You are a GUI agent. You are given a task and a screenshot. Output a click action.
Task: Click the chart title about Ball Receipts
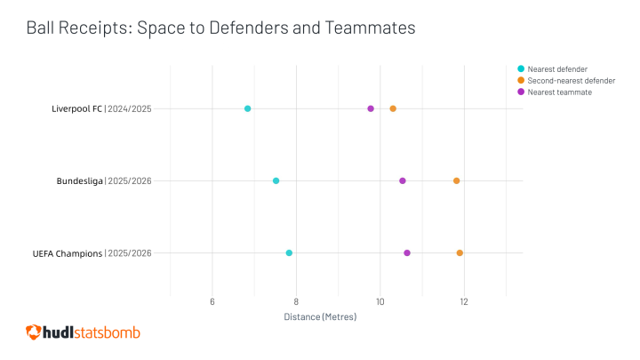coord(220,28)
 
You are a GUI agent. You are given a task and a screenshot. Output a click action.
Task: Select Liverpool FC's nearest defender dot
coord(247,108)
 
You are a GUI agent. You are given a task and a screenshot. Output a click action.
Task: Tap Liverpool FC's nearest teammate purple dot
coord(371,108)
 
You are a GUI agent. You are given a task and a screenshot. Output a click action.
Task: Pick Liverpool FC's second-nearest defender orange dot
coord(393,108)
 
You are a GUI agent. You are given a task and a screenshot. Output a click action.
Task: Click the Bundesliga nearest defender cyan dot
coord(276,180)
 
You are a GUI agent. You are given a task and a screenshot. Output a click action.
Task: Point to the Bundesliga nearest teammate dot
coord(403,180)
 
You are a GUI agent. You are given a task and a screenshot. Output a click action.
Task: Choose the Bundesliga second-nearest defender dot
coord(457,180)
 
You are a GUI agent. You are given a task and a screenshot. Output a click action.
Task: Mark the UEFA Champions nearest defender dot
coord(289,253)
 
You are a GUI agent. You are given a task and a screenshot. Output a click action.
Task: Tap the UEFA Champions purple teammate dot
coord(407,253)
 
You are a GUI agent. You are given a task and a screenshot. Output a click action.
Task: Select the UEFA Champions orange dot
coord(460,253)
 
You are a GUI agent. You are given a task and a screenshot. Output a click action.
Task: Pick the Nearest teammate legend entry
coord(556,92)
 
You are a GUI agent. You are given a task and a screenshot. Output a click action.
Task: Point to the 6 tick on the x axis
coord(212,302)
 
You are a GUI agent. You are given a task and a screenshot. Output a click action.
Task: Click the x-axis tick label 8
coord(297,302)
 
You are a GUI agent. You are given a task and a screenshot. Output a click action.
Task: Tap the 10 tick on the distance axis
coord(380,302)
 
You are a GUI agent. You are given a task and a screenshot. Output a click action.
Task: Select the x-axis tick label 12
coord(464,302)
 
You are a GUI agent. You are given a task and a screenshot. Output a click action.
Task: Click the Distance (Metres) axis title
coord(320,316)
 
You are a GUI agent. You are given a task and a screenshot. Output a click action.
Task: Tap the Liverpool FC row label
coord(102,108)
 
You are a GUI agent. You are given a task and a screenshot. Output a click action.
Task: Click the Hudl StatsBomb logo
coord(83,332)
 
